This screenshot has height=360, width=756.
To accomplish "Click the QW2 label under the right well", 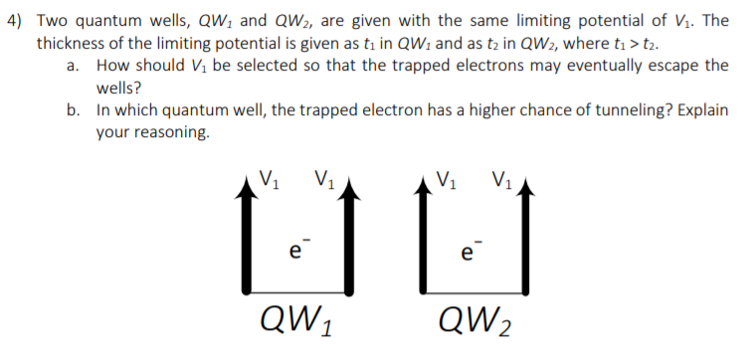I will click(x=476, y=320).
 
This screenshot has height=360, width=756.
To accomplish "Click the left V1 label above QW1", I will click(x=267, y=181).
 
